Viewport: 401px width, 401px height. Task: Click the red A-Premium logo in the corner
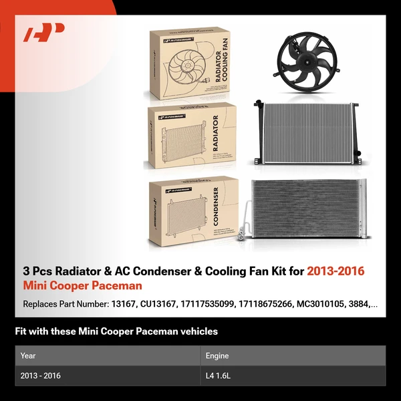click(x=43, y=33)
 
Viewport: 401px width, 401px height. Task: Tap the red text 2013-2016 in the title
click(x=336, y=271)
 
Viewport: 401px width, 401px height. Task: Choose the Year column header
click(x=28, y=356)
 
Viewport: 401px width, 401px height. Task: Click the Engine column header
click(x=222, y=356)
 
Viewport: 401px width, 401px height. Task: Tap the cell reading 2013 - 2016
click(x=41, y=376)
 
